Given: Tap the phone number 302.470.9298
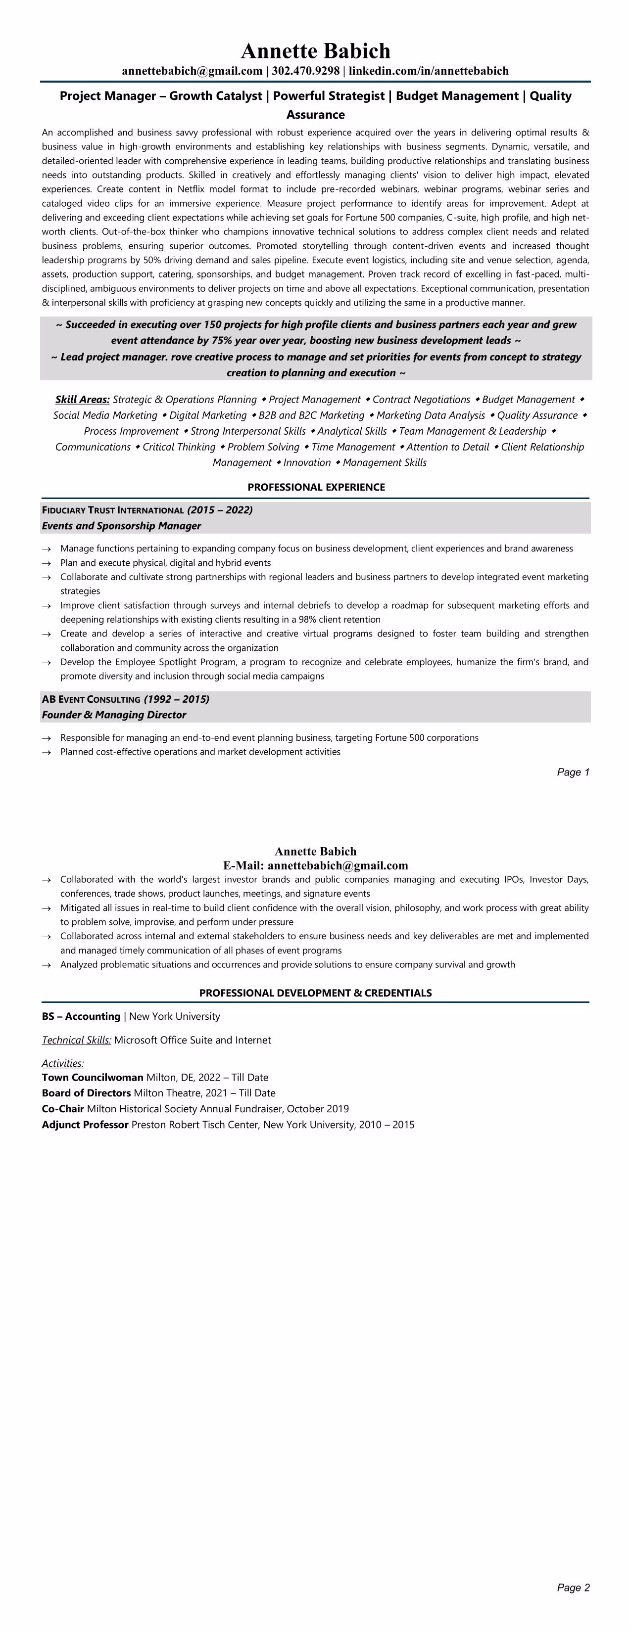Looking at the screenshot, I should pos(305,71).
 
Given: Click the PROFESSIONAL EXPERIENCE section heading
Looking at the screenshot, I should pos(316,487).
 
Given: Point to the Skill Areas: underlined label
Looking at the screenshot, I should pos(82,400).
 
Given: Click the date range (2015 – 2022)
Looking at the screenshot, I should pos(220,510).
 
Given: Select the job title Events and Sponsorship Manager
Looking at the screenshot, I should pos(121,526).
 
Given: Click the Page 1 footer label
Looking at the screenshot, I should pos(573,772).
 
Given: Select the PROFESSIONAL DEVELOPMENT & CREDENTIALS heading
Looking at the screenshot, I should pos(316,993).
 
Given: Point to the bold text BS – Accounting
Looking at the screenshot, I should pos(81,1016).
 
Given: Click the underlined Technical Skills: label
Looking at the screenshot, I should pos(77,1040).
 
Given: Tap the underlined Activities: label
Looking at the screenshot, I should pos(63,1063).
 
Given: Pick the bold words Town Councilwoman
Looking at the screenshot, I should pos(93,1077).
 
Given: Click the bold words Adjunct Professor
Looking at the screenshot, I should pos(85,1125).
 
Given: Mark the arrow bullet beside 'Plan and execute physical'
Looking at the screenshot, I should pos(46,563).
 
